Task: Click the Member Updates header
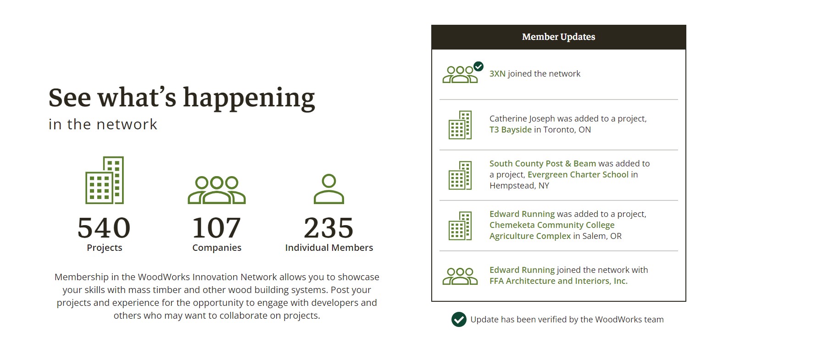click(558, 37)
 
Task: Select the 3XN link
click(497, 74)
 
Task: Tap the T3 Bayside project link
click(511, 130)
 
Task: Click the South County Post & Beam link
click(543, 164)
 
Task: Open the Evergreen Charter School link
click(578, 175)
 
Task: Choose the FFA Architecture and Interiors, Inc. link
click(558, 281)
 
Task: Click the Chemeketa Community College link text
click(552, 225)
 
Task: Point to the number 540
click(104, 228)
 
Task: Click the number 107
click(217, 228)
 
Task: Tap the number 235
click(329, 228)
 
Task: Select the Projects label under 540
click(105, 248)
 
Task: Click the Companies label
click(217, 248)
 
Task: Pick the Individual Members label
click(329, 248)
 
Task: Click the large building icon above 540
click(105, 180)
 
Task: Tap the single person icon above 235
click(329, 188)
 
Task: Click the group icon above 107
click(217, 190)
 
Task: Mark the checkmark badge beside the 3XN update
click(478, 66)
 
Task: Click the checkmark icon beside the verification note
click(459, 320)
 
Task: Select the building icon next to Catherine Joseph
click(460, 125)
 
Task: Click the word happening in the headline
click(249, 98)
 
